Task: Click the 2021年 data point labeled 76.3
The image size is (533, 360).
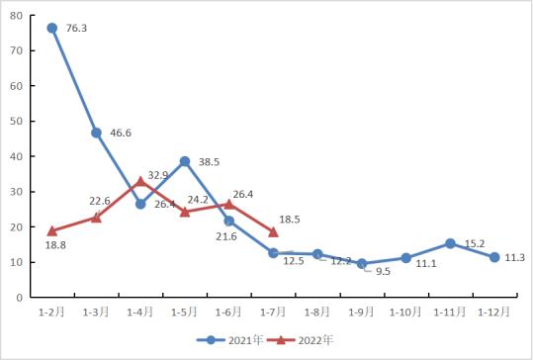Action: pos(52,29)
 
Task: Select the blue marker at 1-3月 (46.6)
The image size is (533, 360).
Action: pos(97,133)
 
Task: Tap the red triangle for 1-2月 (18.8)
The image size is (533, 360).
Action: pos(52,230)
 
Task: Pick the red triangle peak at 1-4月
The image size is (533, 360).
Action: pos(140,181)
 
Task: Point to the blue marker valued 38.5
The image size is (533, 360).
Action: pos(185,161)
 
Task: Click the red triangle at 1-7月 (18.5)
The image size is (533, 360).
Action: pos(273,231)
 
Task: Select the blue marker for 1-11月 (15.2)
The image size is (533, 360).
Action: pos(450,243)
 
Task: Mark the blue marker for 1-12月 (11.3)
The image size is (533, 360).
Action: pos(494,257)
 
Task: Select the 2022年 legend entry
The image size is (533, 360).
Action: pos(307,339)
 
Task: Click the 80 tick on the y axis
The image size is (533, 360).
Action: pos(20,16)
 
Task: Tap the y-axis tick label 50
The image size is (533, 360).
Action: pos(20,122)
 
